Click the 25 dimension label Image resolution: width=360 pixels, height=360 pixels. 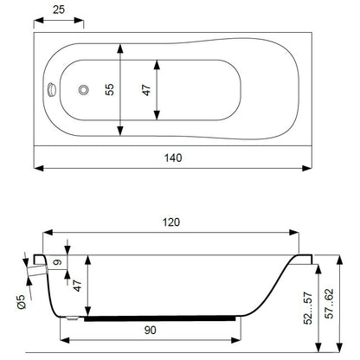[x=59, y=10]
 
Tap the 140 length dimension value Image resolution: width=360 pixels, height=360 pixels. [x=173, y=157]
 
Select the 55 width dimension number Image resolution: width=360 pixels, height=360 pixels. [x=110, y=90]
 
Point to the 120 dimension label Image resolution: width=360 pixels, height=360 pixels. [x=171, y=222]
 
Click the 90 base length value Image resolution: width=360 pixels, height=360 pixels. [x=150, y=330]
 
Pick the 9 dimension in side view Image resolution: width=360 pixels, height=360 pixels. [x=58, y=262]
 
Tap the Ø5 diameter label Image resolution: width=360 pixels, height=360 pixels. [x=22, y=302]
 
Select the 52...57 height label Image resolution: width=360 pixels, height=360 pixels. [x=308, y=308]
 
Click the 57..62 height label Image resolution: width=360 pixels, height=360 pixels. [x=329, y=304]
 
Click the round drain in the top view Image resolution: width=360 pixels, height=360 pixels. [x=84, y=90]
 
